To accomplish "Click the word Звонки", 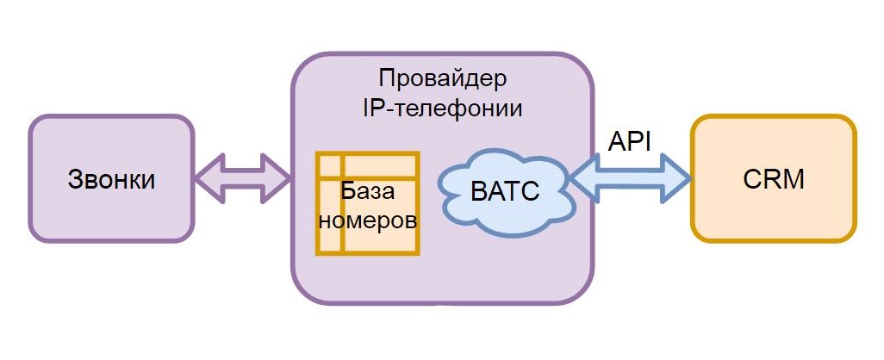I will [111, 180].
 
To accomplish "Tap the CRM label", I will [773, 180].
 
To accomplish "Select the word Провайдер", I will [443, 79].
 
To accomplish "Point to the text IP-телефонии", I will [443, 110].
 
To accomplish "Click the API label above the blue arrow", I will [630, 140].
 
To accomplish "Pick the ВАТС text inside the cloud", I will [506, 192].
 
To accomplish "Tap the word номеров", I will [369, 220].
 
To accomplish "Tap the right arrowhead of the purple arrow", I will [277, 180].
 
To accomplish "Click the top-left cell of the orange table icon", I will [331, 164].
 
